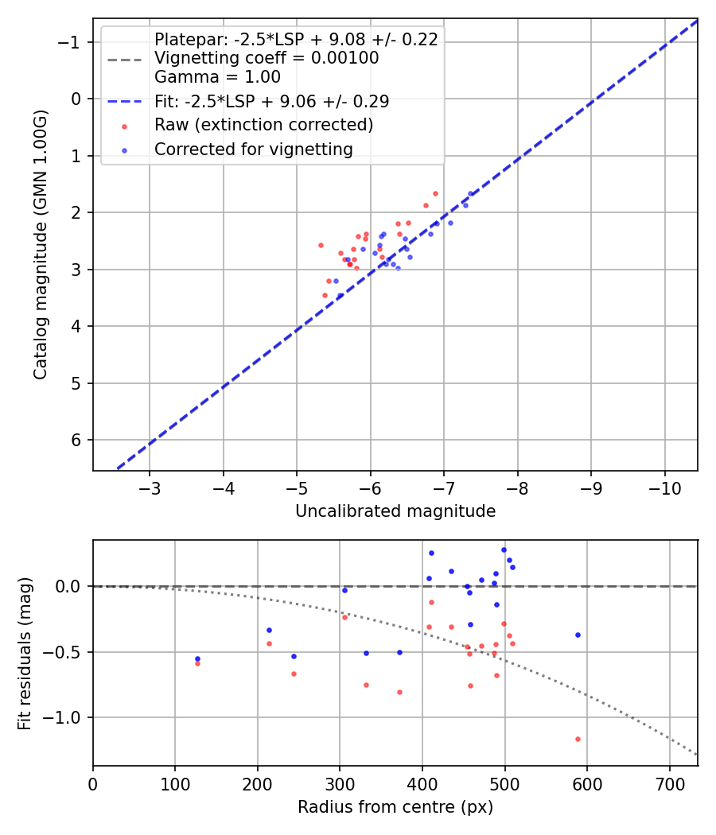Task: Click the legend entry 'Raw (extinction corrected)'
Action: coord(263,125)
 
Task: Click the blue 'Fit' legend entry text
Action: coord(271,101)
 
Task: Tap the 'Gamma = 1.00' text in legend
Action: coord(217,77)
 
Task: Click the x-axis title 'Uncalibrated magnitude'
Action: coord(395,511)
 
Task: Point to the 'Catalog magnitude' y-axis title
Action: coord(41,244)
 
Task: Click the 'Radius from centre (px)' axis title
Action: coord(395,807)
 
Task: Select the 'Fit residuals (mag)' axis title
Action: coord(25,654)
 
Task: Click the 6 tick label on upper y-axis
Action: coord(77,441)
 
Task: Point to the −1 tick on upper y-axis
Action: coord(72,42)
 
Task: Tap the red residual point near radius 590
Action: coord(578,739)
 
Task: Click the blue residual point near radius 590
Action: coord(578,635)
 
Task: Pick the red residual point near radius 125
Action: coord(197,663)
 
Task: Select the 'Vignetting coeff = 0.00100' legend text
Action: coord(267,58)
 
